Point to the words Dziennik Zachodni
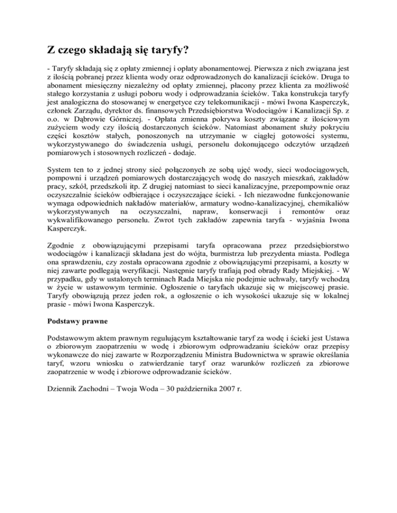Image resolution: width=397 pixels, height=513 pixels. point(72,399)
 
